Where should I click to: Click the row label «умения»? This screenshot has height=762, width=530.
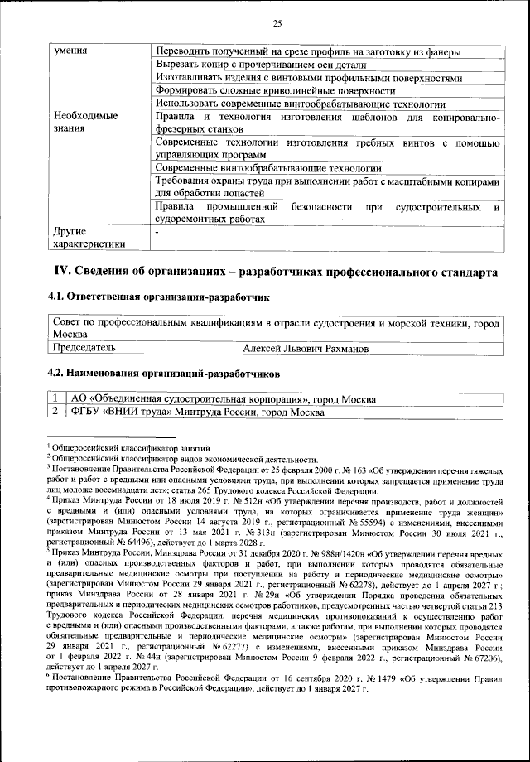coord(71,51)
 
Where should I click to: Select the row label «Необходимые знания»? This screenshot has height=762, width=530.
coord(84,123)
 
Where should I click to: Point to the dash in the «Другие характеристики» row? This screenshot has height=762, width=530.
coord(157,232)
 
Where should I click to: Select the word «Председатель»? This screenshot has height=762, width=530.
coord(84,349)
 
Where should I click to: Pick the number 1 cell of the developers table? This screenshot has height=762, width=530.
coord(55,399)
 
